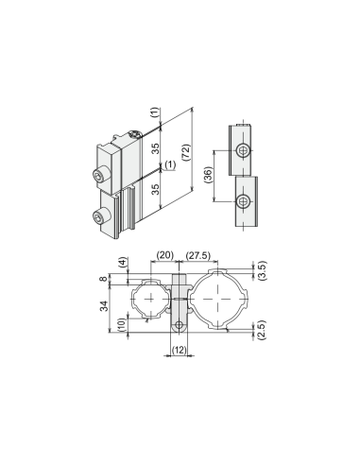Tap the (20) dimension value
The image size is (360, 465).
click(165, 255)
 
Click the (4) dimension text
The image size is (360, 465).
click(123, 263)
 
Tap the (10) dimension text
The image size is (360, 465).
click(123, 324)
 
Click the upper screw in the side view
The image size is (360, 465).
click(244, 151)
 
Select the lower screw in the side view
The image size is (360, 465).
click(244, 202)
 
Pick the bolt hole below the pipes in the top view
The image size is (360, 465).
click(180, 325)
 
